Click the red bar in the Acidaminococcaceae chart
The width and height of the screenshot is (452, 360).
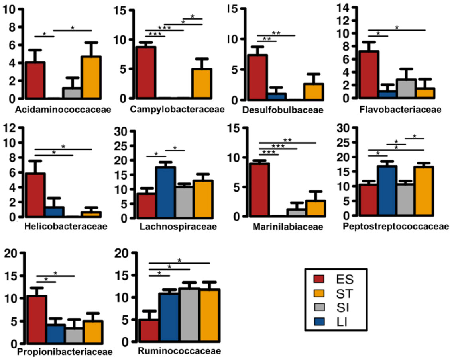(x=35, y=80)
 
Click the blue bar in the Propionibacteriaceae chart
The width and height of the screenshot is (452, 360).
(x=56, y=334)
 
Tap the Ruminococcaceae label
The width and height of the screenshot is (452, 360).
(x=173, y=351)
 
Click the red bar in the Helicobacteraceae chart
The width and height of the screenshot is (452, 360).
(x=35, y=195)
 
